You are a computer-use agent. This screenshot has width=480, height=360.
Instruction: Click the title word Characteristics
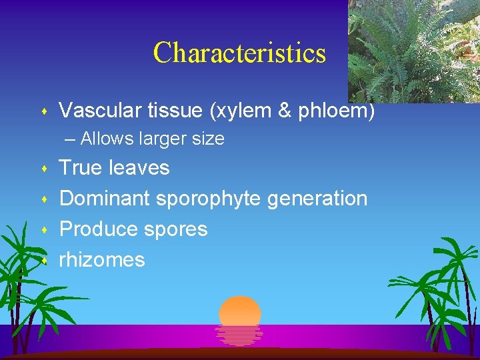239,53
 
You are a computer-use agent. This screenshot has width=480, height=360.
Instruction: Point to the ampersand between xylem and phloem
285,111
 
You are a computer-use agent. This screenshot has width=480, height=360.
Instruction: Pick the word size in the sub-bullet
207,139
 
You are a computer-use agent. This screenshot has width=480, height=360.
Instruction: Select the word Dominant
105,199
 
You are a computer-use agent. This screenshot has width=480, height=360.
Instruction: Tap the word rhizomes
102,260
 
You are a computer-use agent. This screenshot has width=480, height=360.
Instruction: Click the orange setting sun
240,313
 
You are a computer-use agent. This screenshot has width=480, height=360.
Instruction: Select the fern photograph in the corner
413,51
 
